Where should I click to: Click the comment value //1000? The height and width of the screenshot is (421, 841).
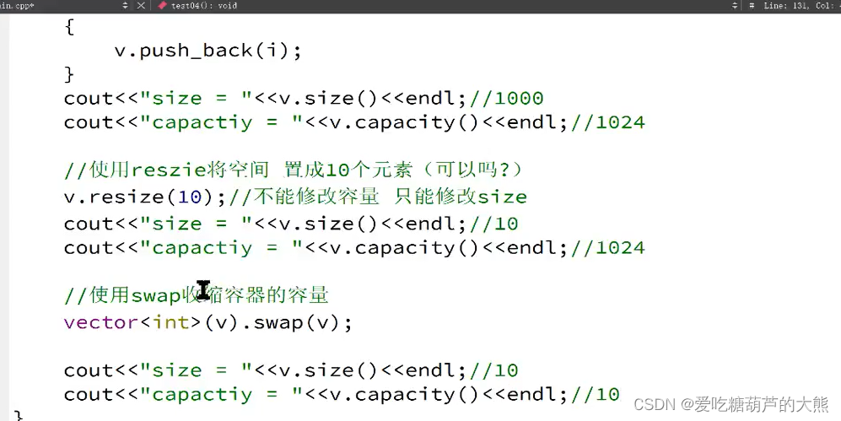(x=514, y=98)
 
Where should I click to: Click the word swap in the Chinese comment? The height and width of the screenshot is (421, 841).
(x=157, y=295)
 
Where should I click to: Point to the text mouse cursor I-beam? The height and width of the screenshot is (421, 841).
(x=203, y=291)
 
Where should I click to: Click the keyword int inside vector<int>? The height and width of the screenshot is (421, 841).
(x=170, y=322)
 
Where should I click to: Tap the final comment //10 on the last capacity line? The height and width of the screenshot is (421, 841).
(x=595, y=394)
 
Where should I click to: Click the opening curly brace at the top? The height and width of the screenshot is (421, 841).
(x=69, y=26)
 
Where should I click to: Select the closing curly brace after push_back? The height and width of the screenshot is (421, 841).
(x=69, y=74)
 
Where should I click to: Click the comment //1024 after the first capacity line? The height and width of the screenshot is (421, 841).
(x=607, y=122)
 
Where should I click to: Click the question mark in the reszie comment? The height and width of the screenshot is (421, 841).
(x=503, y=170)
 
